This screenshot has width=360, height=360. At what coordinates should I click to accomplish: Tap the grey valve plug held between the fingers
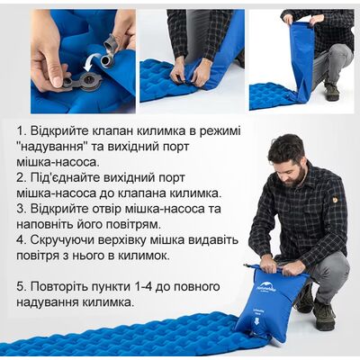click(112, 44)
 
